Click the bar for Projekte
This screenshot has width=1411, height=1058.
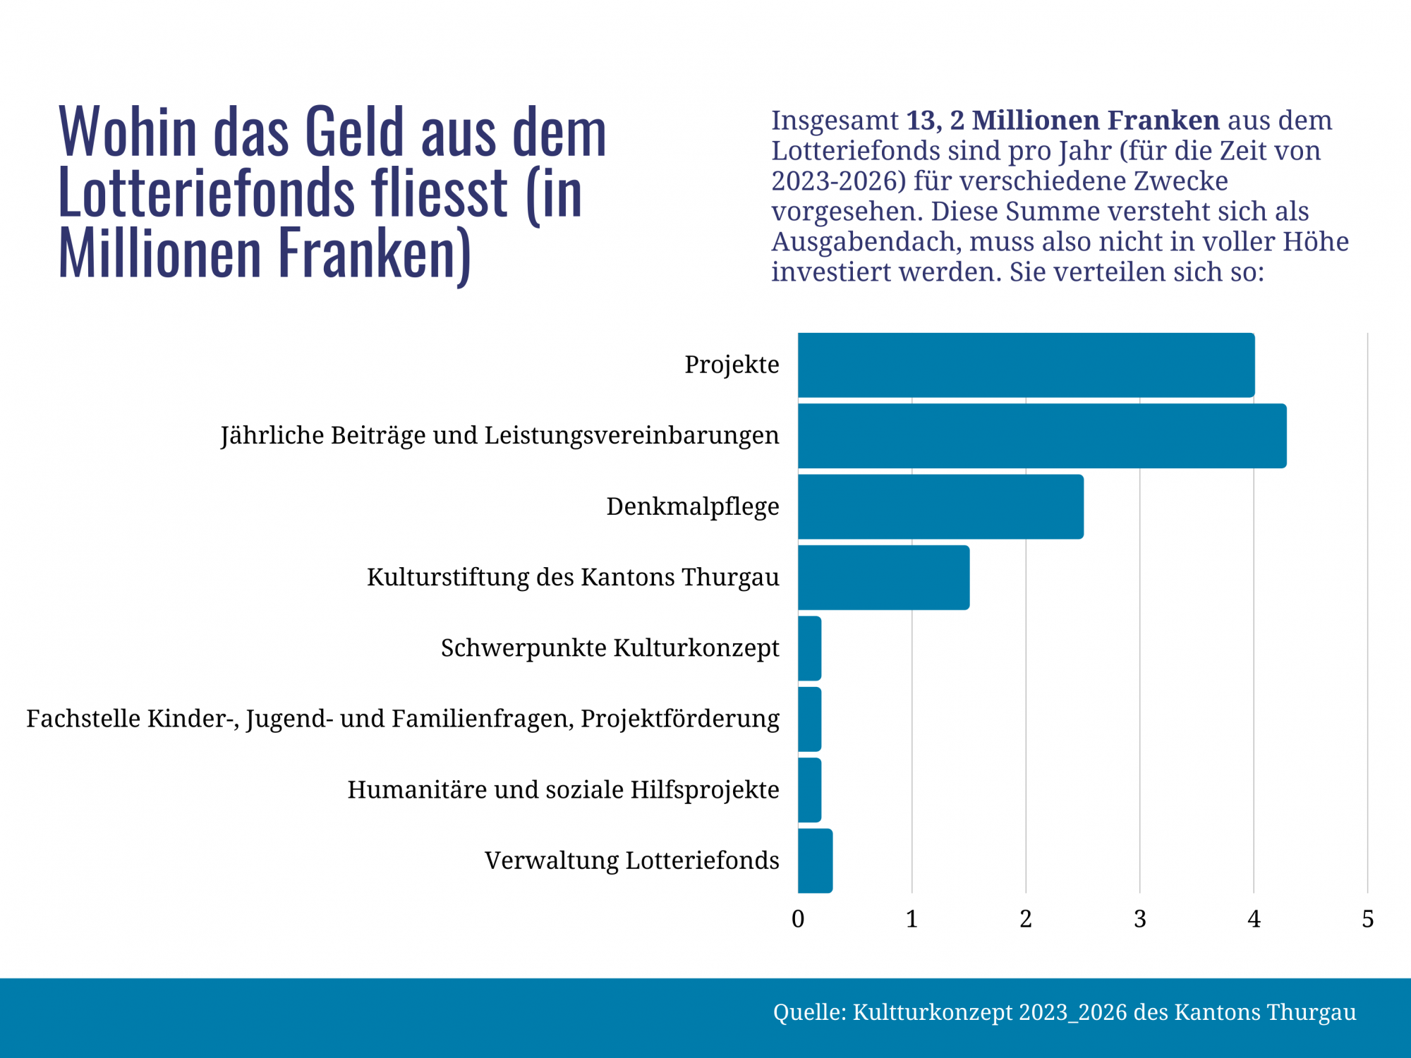tap(1026, 365)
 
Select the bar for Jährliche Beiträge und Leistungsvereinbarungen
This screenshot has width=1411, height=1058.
tap(1042, 436)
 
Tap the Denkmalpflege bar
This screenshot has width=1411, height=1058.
tap(940, 506)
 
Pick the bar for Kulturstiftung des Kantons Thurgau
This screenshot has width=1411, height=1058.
tap(883, 577)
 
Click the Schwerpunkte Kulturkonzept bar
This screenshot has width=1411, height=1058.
tap(810, 648)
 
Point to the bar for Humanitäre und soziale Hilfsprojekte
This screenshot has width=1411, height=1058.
tap(810, 790)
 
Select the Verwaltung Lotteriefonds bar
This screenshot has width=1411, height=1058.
tap(816, 861)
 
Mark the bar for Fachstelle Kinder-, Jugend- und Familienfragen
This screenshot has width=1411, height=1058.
tap(810, 719)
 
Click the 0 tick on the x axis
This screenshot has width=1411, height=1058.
tap(798, 919)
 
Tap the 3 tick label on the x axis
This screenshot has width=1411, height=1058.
tap(1140, 919)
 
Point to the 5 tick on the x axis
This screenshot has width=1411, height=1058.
tap(1367, 919)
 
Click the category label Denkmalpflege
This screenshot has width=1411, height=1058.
tap(692, 506)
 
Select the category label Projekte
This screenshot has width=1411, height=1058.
tap(732, 365)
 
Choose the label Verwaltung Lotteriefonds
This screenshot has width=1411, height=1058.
tap(631, 861)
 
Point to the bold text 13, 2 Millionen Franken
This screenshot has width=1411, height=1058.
tap(1062, 121)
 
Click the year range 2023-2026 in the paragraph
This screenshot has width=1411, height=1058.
tap(838, 181)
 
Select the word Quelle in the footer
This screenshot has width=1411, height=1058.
tap(809, 1012)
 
